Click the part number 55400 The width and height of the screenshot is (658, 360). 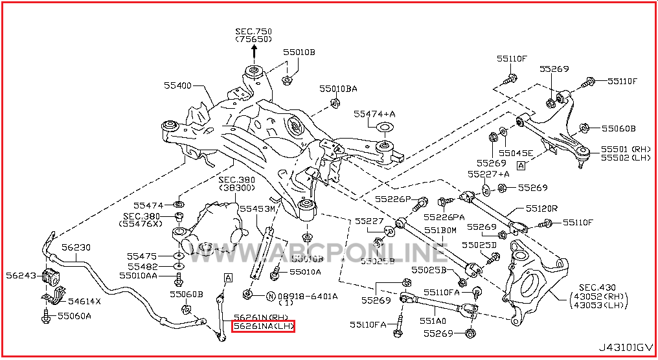click(x=177, y=85)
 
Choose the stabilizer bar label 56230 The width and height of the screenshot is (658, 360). click(x=76, y=247)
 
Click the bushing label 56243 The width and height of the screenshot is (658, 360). click(x=21, y=275)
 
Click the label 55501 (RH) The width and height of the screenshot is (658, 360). click(x=625, y=149)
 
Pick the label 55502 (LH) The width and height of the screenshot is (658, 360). click(x=625, y=158)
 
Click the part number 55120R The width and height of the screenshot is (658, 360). click(x=541, y=208)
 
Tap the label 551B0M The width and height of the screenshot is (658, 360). click(x=440, y=230)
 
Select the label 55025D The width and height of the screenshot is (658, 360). click(x=479, y=245)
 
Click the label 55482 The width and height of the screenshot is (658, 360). click(x=142, y=266)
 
